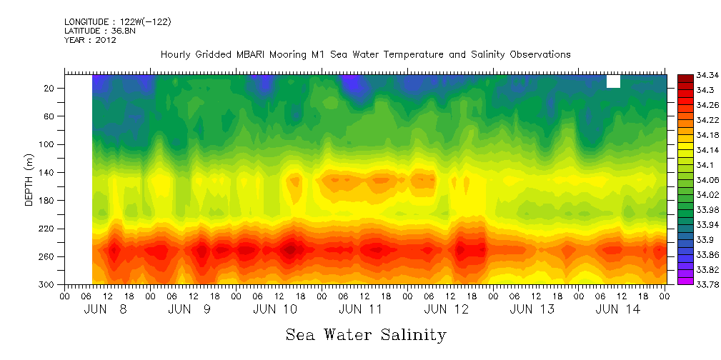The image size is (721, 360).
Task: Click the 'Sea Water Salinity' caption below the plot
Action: [x=366, y=334]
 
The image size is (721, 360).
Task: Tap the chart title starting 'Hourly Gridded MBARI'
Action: [x=365, y=54]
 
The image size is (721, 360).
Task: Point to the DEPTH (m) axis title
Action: [x=29, y=179]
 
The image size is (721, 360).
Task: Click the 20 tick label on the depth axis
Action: [x=49, y=88]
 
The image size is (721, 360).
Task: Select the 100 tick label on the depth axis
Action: [x=47, y=144]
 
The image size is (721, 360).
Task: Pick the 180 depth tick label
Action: [x=47, y=201]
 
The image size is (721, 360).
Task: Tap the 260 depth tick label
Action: [x=47, y=256]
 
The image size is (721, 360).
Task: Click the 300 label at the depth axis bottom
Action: [x=47, y=285]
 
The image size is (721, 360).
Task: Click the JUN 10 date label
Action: [x=275, y=309]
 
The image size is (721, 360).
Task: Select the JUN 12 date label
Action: [x=446, y=309]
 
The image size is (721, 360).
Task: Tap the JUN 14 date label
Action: [x=618, y=309]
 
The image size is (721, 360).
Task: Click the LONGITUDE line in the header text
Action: [x=117, y=22]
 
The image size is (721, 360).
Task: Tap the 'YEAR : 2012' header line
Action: [x=90, y=40]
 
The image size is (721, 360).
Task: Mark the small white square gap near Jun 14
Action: [x=613, y=81]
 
